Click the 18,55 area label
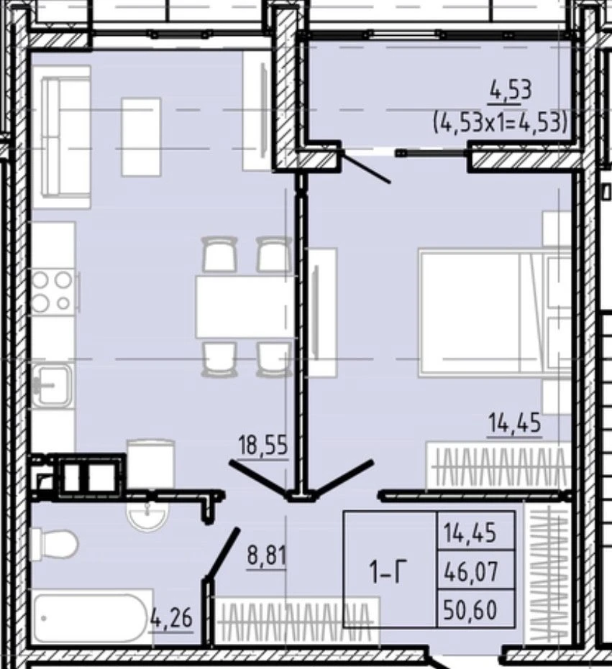(263, 446)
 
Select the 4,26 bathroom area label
(172, 617)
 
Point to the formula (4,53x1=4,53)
(501, 124)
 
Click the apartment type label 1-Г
(388, 573)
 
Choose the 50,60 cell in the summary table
(470, 609)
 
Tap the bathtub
(92, 616)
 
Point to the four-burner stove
(52, 291)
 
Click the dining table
(245, 307)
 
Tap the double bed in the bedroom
(495, 313)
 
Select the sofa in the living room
(67, 137)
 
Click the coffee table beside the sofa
(141, 137)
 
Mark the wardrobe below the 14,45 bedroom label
(499, 466)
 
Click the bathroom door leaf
(221, 554)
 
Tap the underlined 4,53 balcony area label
(511, 91)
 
